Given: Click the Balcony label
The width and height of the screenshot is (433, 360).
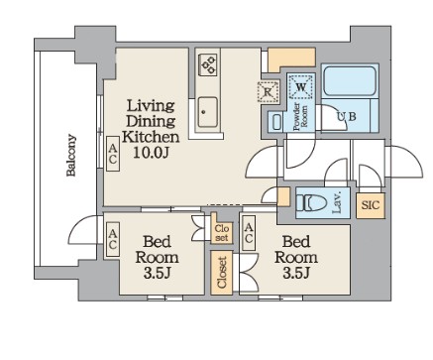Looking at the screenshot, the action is click(71, 155).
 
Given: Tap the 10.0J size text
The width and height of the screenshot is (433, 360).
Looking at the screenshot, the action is click(151, 153).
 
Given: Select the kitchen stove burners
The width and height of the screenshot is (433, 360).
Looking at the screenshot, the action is click(208, 64).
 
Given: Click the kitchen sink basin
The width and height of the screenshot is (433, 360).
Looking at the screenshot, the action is click(207, 112).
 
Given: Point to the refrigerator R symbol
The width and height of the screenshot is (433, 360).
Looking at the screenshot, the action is click(268, 91).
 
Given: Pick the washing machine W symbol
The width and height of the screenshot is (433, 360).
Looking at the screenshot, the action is click(300, 87).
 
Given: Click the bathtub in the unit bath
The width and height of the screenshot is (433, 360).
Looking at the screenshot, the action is click(350, 81).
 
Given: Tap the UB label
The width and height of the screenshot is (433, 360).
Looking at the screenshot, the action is click(347, 116).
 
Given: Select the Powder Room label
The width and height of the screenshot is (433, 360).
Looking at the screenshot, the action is click(300, 116).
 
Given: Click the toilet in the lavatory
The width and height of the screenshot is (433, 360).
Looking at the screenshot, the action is click(311, 203).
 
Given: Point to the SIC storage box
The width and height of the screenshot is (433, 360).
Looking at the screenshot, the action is click(371, 205).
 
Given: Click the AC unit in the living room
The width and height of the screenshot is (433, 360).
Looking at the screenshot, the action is click(113, 154).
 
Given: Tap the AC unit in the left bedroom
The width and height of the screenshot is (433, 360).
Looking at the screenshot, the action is click(113, 239).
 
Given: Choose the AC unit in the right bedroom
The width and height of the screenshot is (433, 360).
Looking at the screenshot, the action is click(249, 233).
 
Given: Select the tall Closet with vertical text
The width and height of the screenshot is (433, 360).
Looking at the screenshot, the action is click(222, 273).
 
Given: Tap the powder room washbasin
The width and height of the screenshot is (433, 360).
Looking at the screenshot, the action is click(275, 121).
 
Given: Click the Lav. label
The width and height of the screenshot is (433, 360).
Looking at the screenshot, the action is click(337, 202).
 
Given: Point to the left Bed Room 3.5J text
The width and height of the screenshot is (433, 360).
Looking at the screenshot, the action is click(157, 257).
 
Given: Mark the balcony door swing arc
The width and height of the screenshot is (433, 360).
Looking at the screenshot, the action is click(81, 230).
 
